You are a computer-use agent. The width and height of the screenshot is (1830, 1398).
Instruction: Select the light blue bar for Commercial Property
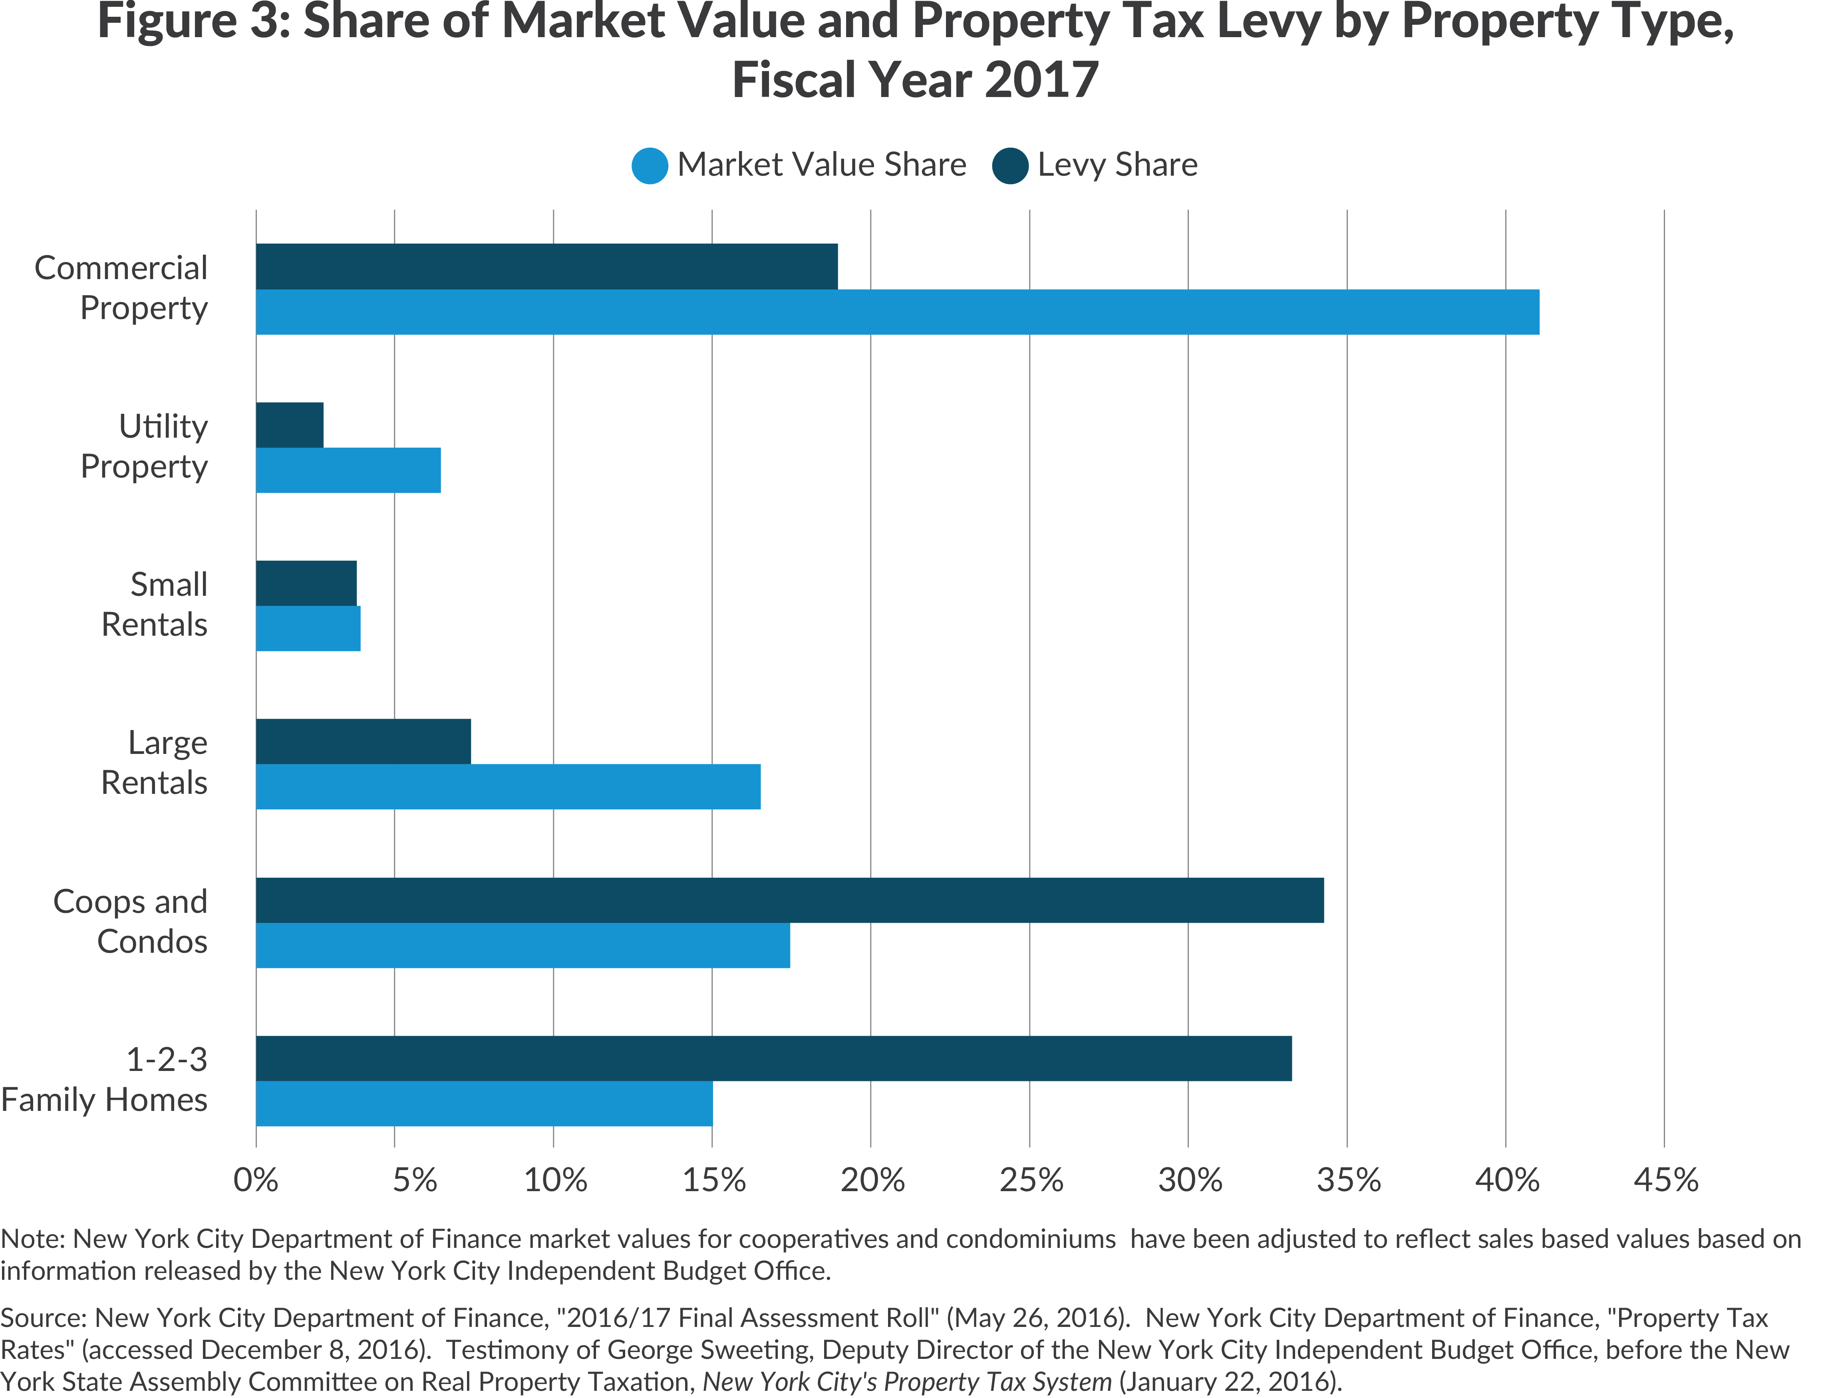coord(897,312)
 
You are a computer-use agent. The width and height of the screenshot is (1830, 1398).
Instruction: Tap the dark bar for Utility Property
coord(289,425)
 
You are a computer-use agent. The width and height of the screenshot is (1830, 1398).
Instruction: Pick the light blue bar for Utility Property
coord(348,470)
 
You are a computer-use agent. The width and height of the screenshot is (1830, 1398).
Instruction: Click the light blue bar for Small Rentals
coord(308,628)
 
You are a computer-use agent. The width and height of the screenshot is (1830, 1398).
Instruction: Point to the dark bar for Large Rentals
coord(363,742)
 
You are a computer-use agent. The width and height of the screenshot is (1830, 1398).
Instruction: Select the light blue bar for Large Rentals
coord(508,786)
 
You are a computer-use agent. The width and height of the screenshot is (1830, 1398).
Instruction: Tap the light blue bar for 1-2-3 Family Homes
coord(484,1103)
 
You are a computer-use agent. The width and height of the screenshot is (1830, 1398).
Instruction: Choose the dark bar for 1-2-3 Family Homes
coord(773,1059)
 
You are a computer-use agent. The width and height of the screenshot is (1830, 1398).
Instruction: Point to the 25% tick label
coord(1031,1180)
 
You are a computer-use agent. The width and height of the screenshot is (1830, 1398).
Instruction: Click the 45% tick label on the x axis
coord(1665,1180)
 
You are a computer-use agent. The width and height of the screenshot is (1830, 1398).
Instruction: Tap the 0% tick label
coord(256,1180)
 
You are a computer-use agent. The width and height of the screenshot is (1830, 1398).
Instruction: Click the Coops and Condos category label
coord(131,921)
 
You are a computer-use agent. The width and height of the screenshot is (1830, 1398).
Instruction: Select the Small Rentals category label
coord(155,604)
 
